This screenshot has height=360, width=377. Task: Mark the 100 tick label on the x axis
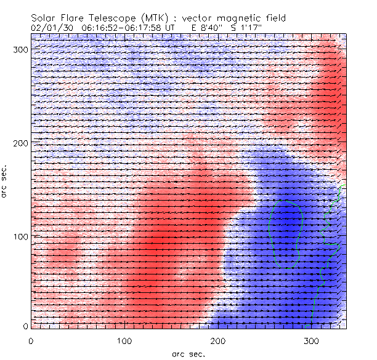coord(124,340)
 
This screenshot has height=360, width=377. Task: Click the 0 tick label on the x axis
coord(31,340)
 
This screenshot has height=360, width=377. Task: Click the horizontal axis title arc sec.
coord(188,354)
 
